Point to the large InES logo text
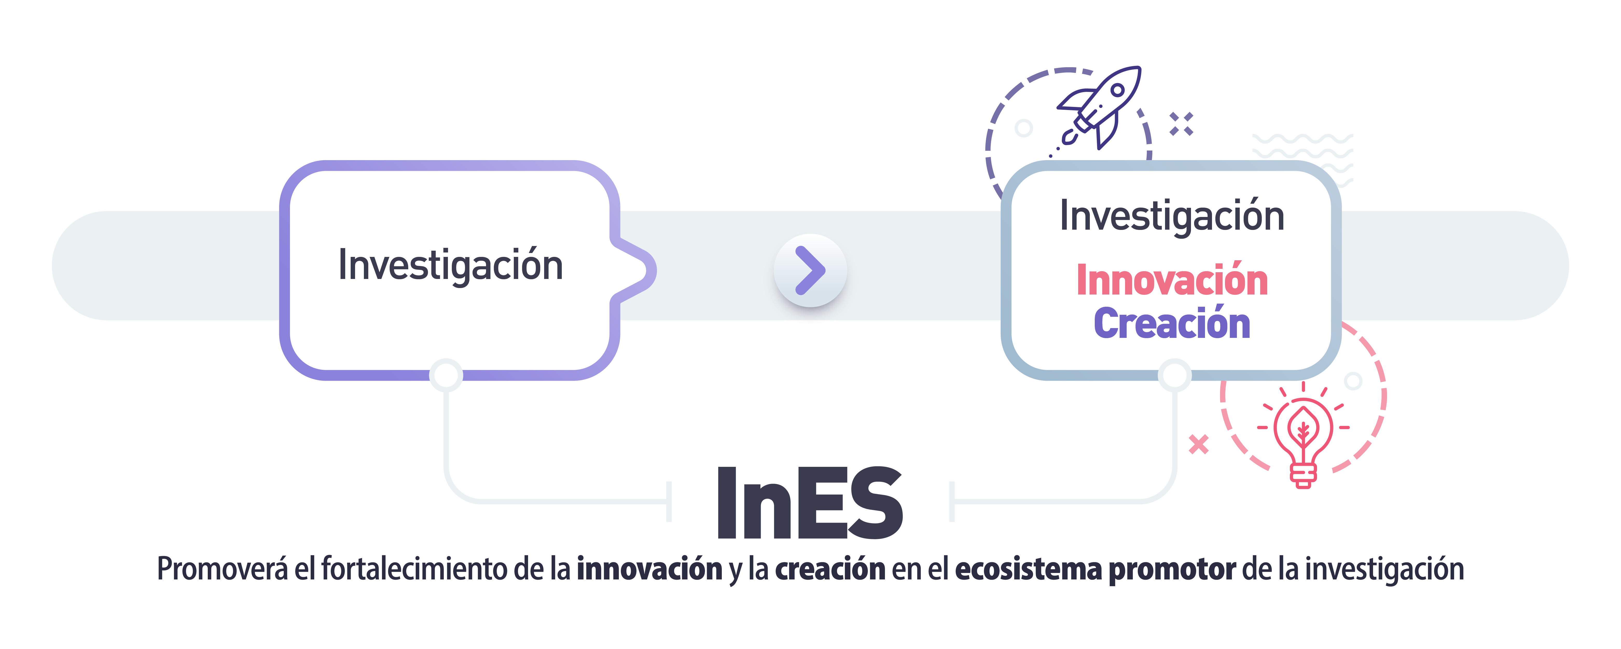pyautogui.click(x=810, y=504)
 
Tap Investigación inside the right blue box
pyautogui.click(x=1172, y=216)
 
